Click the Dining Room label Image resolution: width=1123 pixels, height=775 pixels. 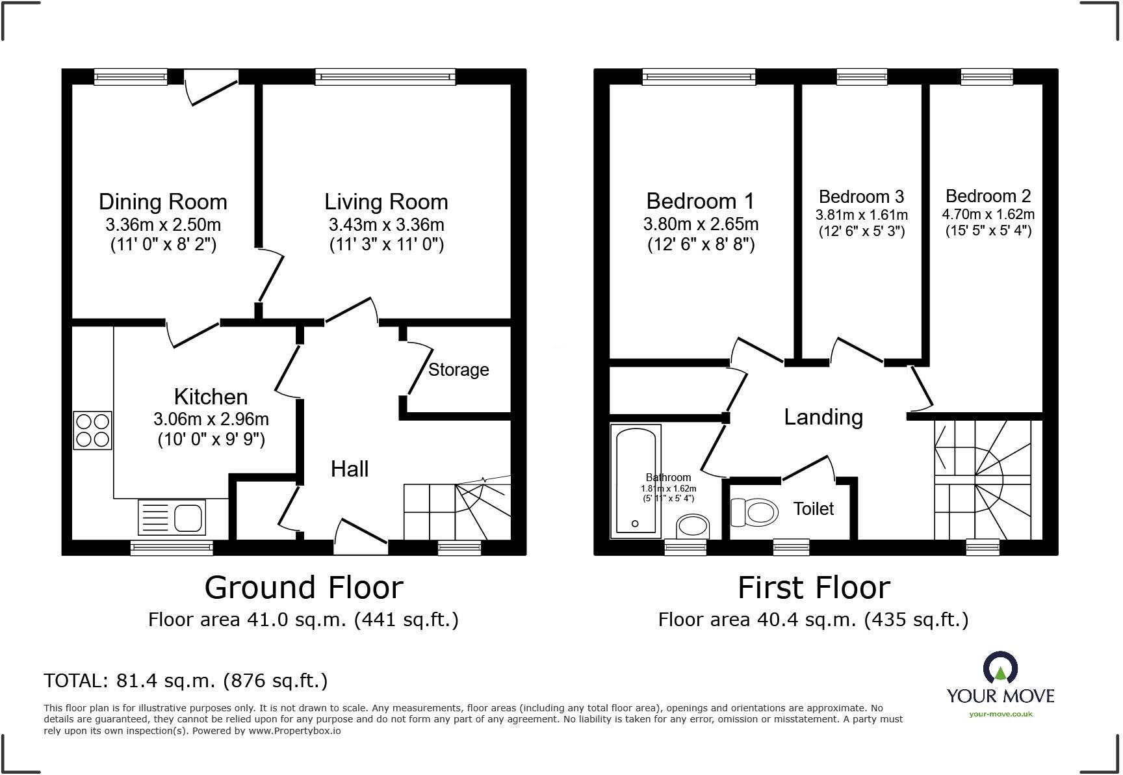162,202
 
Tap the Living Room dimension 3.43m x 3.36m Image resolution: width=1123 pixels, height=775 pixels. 386,225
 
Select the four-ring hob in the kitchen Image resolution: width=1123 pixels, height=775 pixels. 92,430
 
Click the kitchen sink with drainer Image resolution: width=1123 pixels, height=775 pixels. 172,518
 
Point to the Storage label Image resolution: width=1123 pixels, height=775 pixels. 458,370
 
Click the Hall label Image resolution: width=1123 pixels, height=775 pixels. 350,469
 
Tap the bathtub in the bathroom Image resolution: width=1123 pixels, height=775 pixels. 635,481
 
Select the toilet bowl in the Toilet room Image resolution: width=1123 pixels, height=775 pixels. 755,512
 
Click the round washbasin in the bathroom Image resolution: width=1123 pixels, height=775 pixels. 693,527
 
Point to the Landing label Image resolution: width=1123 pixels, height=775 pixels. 823,417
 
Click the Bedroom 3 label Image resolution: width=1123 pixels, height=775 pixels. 861,197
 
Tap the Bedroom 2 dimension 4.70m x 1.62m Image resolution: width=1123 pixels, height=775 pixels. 988,215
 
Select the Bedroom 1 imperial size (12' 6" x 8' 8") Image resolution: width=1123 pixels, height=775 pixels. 701,245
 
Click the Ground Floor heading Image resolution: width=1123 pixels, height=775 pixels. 303,588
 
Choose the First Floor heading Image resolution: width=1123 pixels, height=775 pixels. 813,588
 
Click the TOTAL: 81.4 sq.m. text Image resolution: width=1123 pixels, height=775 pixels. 185,681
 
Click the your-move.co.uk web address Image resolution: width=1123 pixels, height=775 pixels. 1000,714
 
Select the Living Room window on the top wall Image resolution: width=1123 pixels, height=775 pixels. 385,77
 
